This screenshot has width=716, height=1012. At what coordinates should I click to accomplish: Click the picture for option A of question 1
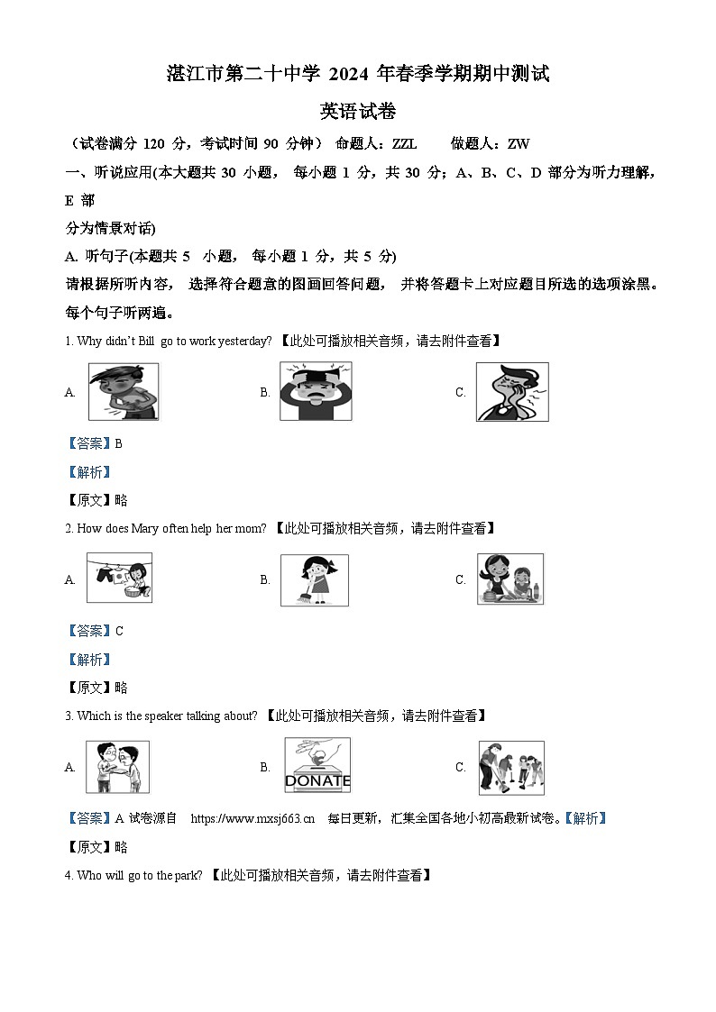click(123, 392)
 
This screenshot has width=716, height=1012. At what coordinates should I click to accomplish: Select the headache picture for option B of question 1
click(316, 392)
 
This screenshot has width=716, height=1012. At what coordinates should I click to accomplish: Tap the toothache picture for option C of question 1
click(511, 392)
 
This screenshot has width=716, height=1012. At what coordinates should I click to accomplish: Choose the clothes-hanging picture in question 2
click(119, 579)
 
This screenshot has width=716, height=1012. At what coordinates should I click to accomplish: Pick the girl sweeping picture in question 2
click(314, 579)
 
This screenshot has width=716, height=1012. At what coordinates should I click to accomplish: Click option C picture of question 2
click(510, 579)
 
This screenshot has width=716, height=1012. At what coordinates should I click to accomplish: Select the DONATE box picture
click(317, 766)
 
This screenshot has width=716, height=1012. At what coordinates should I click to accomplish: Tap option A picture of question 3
click(118, 767)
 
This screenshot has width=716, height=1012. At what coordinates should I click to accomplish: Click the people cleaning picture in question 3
click(510, 767)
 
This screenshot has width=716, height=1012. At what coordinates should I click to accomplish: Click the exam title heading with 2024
click(358, 74)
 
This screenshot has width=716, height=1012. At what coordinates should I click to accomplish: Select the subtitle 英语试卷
click(358, 112)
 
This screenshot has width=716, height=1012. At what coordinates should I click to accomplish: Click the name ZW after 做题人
click(519, 143)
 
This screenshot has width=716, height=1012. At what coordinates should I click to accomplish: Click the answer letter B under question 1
click(118, 443)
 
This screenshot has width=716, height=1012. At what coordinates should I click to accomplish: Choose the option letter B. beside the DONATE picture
click(265, 767)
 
